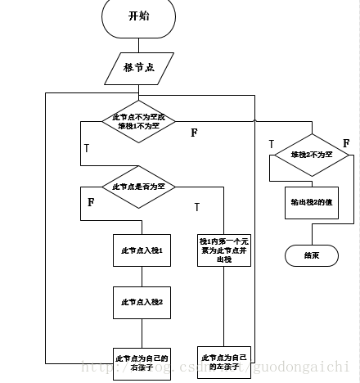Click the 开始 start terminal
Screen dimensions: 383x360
[x=138, y=16]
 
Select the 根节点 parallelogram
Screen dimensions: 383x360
[x=138, y=67]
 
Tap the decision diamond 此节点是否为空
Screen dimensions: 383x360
[x=138, y=186]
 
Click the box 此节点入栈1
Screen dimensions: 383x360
[x=140, y=250]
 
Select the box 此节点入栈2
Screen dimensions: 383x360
[x=140, y=302]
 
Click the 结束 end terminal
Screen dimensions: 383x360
[x=310, y=255]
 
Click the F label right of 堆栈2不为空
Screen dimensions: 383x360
[x=346, y=143]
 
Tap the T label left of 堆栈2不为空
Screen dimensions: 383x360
[x=272, y=144]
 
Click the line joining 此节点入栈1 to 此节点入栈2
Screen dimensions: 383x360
[x=140, y=276]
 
